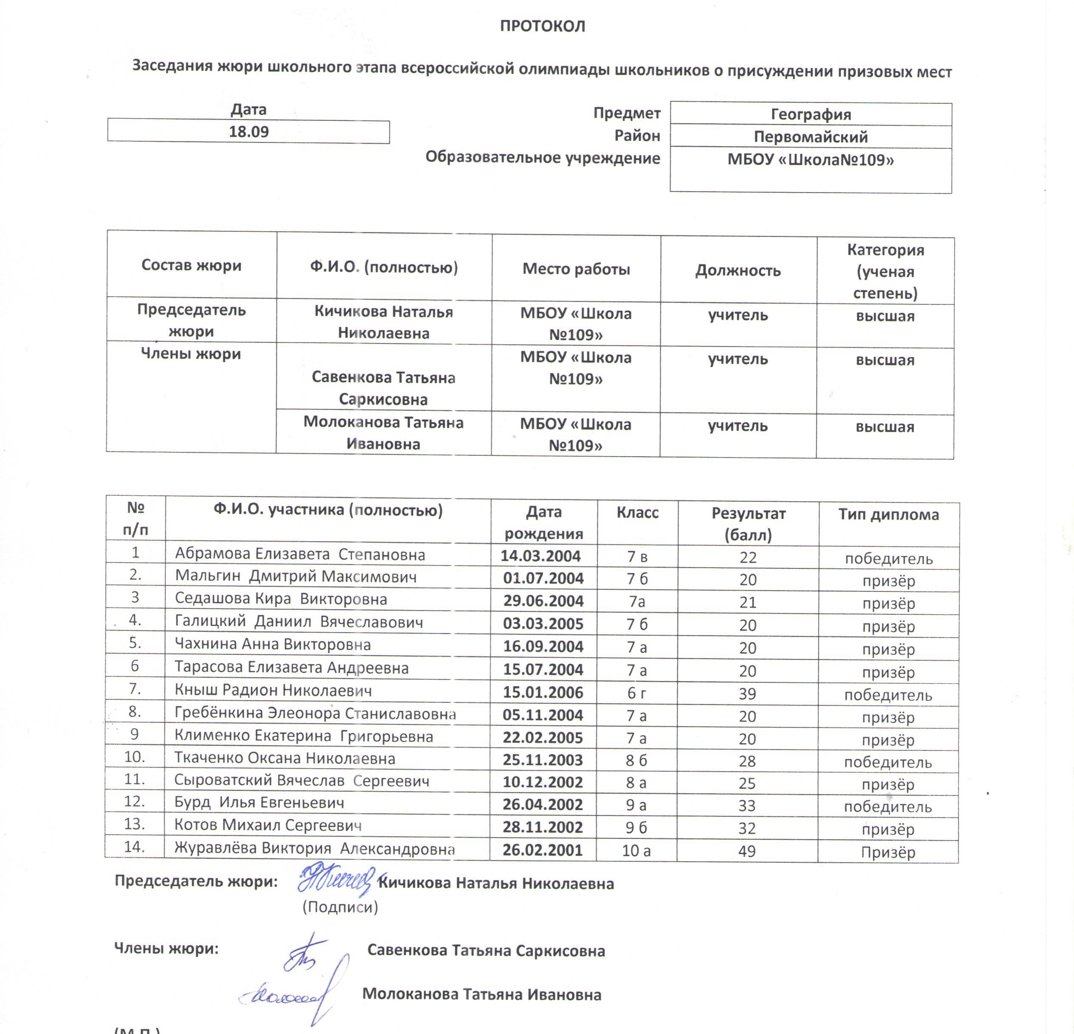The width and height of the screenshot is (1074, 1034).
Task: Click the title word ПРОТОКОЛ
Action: click(543, 26)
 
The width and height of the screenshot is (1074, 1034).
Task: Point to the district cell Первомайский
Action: click(811, 137)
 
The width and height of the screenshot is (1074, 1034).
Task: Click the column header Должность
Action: click(738, 271)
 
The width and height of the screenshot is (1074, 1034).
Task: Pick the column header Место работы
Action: click(576, 269)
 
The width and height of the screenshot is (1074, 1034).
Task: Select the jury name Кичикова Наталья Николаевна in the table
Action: click(384, 322)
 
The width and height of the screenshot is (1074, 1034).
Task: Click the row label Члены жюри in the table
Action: click(191, 354)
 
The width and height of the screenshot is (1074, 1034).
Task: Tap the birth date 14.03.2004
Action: click(540, 557)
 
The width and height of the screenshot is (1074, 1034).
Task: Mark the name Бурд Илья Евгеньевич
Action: click(259, 803)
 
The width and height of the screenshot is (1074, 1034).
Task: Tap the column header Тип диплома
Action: click(888, 515)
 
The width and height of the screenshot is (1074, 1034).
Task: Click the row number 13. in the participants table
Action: click(134, 824)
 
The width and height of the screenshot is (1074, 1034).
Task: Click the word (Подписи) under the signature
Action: click(340, 907)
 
